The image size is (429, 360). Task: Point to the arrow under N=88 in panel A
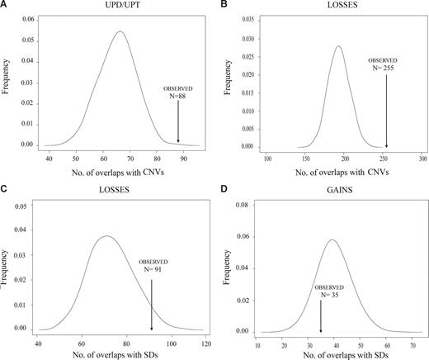point(178,123)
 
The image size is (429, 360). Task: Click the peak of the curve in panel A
point(120,31)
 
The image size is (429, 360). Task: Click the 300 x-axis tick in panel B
point(422,159)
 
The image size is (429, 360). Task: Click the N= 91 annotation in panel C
point(152,268)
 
